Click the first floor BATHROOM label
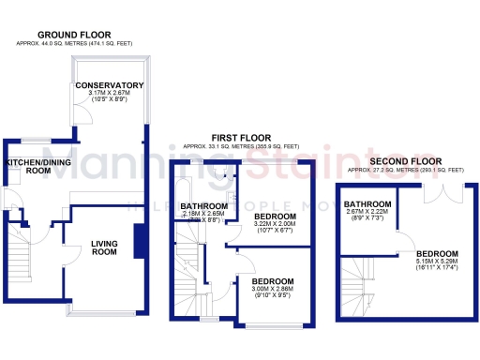click(203, 205)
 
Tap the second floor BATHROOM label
click(367, 203)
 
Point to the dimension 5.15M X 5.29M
click(438, 263)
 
